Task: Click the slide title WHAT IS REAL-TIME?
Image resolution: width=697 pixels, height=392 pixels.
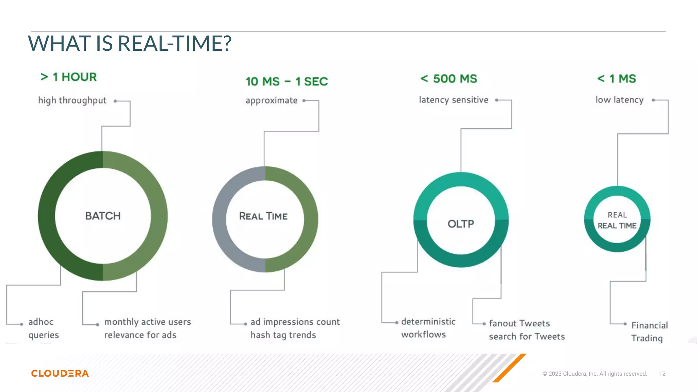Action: click(129, 44)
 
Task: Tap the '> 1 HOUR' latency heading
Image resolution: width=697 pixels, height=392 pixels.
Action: click(68, 77)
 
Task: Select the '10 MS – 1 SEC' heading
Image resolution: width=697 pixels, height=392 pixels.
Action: click(287, 82)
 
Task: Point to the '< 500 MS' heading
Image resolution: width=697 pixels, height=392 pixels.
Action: click(449, 79)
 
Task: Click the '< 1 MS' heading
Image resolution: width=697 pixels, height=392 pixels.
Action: click(616, 79)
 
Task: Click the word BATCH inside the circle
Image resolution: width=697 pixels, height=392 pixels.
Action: click(103, 216)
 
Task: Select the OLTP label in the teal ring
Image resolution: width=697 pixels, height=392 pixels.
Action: click(460, 224)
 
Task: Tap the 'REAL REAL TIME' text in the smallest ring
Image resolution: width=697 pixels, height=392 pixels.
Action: click(617, 220)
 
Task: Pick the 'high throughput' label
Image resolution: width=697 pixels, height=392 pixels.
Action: click(72, 100)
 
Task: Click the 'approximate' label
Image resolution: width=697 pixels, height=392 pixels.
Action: click(271, 100)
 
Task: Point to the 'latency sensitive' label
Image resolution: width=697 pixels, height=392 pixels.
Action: click(453, 100)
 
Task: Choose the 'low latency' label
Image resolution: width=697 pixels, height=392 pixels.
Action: click(619, 100)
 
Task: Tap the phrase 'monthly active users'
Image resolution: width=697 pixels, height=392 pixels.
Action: click(147, 322)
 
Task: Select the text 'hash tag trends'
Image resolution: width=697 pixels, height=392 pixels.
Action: click(283, 335)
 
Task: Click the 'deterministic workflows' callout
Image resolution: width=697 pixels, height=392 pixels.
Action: click(427, 328)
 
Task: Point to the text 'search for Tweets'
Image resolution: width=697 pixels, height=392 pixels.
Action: click(526, 337)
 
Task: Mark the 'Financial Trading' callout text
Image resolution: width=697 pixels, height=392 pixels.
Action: click(649, 332)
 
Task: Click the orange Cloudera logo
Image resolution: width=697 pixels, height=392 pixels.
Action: click(60, 373)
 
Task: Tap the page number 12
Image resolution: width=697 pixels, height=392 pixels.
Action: click(662, 374)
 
